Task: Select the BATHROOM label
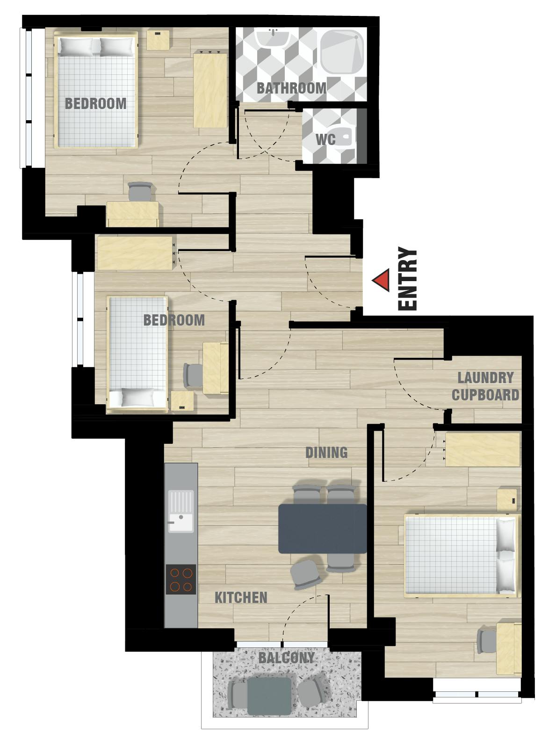[291, 87]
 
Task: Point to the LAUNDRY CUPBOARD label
[485, 386]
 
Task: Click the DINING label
[326, 452]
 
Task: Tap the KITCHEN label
[241, 597]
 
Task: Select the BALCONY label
[287, 658]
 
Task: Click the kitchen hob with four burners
[181, 579]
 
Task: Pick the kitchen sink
[181, 511]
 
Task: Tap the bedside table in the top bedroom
[159, 40]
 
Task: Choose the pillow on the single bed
[137, 397]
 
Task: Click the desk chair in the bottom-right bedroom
[486, 640]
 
